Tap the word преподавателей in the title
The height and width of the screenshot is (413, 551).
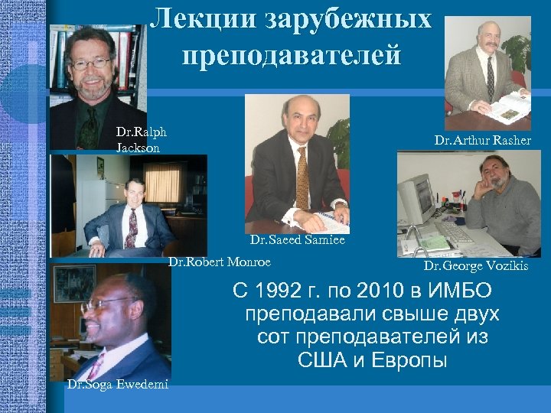click(x=292, y=55)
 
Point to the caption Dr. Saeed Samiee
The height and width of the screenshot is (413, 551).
click(x=297, y=239)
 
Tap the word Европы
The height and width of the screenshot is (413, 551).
click(x=409, y=359)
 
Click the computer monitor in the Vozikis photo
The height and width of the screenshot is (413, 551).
click(x=416, y=197)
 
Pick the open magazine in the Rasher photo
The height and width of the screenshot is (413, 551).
click(x=506, y=106)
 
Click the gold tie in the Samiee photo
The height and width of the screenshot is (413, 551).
click(x=302, y=176)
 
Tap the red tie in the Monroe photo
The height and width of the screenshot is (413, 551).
click(x=132, y=226)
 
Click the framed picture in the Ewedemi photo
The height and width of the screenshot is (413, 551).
click(x=73, y=283)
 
